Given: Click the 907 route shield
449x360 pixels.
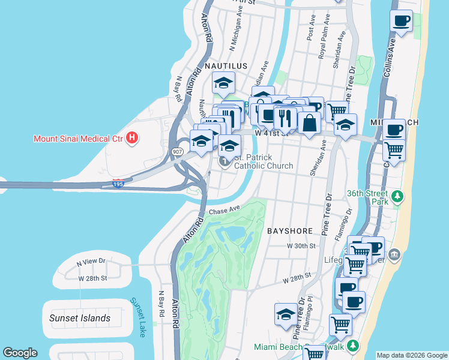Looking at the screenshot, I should pyautogui.click(x=178, y=152).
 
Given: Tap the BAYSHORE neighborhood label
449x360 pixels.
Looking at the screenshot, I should pyautogui.click(x=291, y=230).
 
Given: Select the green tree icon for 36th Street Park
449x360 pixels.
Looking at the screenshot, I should pyautogui.click(x=396, y=196).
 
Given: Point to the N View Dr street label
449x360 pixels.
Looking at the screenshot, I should pyautogui.click(x=91, y=262).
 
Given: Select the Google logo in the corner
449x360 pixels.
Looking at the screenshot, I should pyautogui.click(x=20, y=353).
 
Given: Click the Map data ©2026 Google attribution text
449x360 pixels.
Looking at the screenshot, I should pyautogui.click(x=411, y=355).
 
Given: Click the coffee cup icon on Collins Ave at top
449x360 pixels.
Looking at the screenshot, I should pyautogui.click(x=401, y=21).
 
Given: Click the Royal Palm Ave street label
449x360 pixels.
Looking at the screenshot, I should pyautogui.click(x=324, y=44).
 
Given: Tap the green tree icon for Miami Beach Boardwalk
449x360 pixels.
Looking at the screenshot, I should pyautogui.click(x=354, y=346).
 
